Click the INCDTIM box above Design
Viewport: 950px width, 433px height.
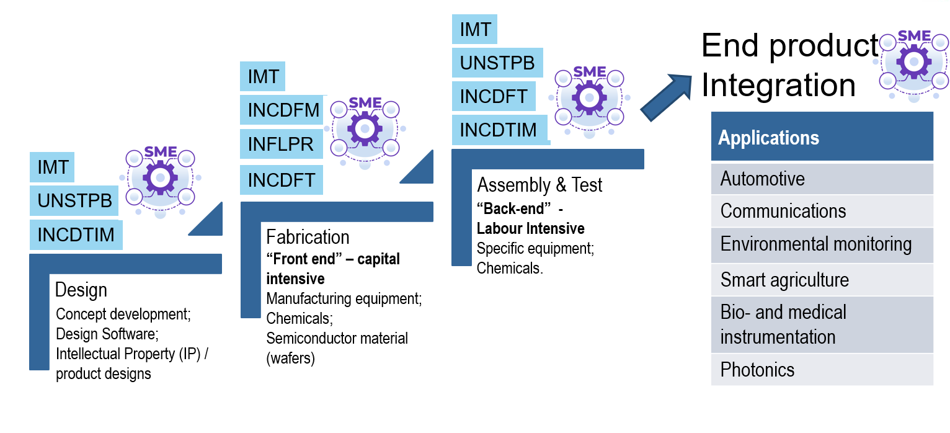point(76,235)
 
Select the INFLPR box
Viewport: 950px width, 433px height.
point(281,145)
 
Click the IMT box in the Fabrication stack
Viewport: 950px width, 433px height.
point(263,76)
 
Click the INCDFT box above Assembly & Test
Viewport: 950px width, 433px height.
point(493,96)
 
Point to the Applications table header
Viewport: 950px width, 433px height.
point(822,137)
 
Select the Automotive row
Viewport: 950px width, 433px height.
point(822,179)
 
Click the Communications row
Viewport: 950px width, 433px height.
point(822,211)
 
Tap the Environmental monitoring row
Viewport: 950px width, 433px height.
point(822,244)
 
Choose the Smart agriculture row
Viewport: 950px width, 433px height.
point(822,280)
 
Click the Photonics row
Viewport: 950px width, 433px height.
point(822,370)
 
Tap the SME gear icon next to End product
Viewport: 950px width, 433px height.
point(914,62)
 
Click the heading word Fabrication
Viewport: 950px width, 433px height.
point(308,237)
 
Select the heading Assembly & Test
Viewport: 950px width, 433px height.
point(539,185)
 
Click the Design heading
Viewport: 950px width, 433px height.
point(81,290)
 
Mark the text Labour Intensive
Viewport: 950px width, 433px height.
point(530,228)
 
